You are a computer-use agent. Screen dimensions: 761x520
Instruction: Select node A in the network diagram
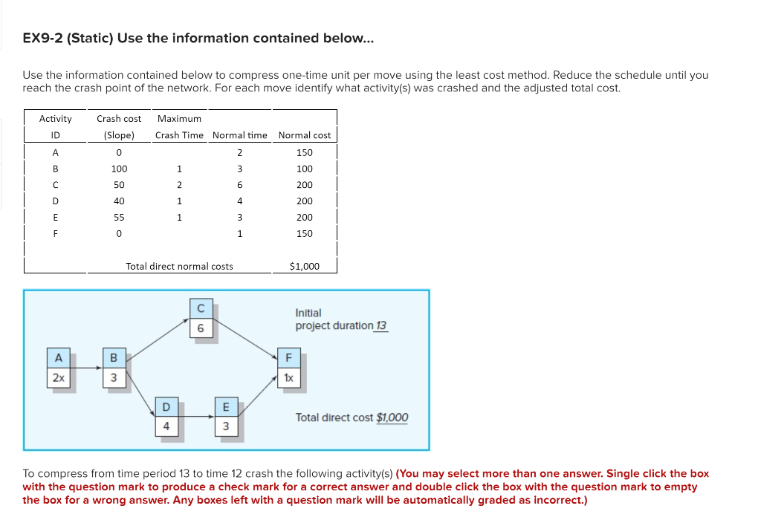pos(58,368)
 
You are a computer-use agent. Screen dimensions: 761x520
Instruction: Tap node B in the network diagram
pos(114,368)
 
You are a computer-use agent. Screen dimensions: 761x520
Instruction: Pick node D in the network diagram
pos(166,417)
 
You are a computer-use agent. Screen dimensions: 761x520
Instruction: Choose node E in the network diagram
pos(226,417)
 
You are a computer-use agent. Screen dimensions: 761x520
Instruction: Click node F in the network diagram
pos(288,368)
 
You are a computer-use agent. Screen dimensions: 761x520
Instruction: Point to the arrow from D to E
pos(196,417)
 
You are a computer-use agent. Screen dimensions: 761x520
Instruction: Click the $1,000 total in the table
pos(305,266)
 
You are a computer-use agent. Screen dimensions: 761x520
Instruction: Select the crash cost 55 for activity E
pos(119,218)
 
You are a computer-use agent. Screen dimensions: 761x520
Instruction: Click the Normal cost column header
pos(305,135)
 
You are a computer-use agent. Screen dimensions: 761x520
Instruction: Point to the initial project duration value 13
pos(381,325)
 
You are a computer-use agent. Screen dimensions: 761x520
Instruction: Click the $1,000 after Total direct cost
pos(392,417)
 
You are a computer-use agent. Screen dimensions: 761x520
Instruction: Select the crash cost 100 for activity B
pos(119,169)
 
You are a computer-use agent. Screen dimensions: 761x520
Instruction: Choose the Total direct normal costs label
pos(179,266)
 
